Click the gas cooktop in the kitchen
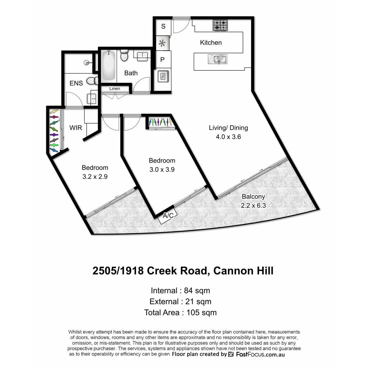(x=220, y=25)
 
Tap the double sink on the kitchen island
(x=217, y=59)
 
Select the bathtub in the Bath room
(x=109, y=66)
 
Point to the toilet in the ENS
(x=92, y=81)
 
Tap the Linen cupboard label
(x=115, y=88)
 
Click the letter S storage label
(x=163, y=26)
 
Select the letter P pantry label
(x=162, y=60)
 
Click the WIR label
(x=76, y=128)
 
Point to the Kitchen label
(x=211, y=43)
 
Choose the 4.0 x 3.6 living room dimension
(x=228, y=137)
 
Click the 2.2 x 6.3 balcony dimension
(x=253, y=205)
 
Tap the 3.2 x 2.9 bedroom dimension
(x=95, y=177)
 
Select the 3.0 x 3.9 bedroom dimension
(x=162, y=169)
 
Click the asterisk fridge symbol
(x=162, y=44)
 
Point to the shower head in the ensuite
(x=87, y=62)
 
